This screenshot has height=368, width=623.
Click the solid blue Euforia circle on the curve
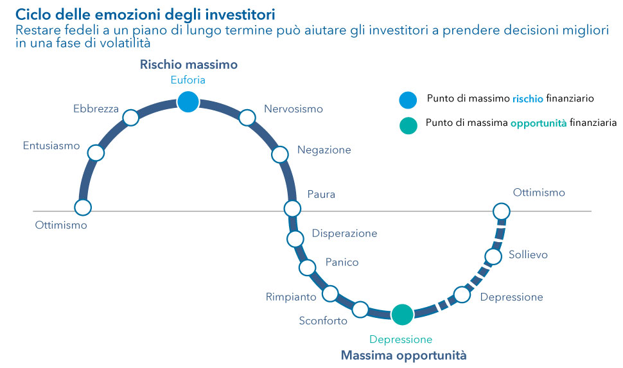pyautogui.click(x=188, y=101)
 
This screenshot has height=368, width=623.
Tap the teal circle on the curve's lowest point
pyautogui.click(x=403, y=314)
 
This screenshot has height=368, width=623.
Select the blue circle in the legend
pyautogui.click(x=408, y=100)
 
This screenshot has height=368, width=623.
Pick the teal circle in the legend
pyautogui.click(x=408, y=125)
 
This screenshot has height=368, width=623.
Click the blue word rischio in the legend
pyautogui.click(x=528, y=98)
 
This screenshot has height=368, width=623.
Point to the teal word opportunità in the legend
pyautogui.click(x=538, y=123)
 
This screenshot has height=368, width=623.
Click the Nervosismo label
pyautogui.click(x=294, y=109)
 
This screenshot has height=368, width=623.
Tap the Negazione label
pyautogui.click(x=324, y=150)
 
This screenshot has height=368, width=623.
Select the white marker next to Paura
pyautogui.click(x=292, y=208)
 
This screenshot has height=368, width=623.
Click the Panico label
pyautogui.click(x=342, y=262)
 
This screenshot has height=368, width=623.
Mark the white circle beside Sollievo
pyautogui.click(x=493, y=257)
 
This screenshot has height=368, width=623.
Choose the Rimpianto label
pyautogui.click(x=291, y=297)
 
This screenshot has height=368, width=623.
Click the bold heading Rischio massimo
pyautogui.click(x=189, y=64)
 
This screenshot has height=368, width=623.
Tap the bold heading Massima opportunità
pyautogui.click(x=404, y=355)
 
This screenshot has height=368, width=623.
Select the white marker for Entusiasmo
pyautogui.click(x=96, y=153)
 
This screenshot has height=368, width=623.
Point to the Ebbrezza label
pyautogui.click(x=96, y=109)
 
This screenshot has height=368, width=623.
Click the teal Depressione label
pyautogui.click(x=401, y=339)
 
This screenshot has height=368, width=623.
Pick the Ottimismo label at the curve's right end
pyautogui.click(x=539, y=193)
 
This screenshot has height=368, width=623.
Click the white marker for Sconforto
pyautogui.click(x=360, y=310)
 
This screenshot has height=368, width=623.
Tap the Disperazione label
pyautogui.click(x=344, y=233)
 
